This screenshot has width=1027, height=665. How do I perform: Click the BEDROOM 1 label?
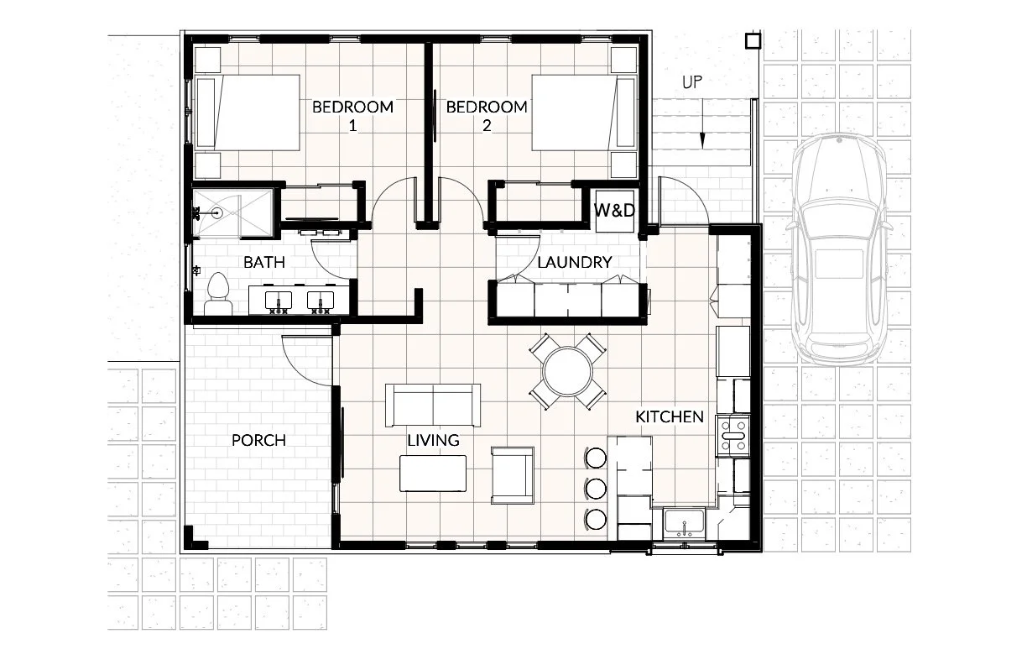[x=352, y=116]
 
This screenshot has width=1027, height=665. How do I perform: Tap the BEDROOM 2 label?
[x=487, y=116]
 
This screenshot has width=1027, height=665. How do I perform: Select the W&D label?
[x=614, y=210]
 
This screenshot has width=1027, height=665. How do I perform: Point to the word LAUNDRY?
[x=575, y=262]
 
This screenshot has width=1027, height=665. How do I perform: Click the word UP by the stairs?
[x=692, y=82]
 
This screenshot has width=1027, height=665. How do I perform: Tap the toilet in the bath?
[x=218, y=294]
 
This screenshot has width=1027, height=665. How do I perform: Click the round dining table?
[x=567, y=372]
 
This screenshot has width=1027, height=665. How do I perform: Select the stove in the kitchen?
[x=733, y=436]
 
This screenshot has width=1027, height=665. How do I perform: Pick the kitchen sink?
[x=684, y=524]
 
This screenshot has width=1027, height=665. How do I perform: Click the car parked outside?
[x=838, y=249]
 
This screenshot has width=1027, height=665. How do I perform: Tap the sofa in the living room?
[x=433, y=406]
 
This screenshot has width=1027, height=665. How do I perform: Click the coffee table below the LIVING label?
[x=433, y=474]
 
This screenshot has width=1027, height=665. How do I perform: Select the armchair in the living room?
[x=513, y=475]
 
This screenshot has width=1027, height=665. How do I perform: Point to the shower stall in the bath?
[x=232, y=213]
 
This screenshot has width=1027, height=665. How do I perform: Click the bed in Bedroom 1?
[x=248, y=113]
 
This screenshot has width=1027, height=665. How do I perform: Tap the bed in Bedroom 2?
[x=584, y=113]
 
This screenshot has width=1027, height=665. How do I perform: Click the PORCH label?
[x=258, y=440]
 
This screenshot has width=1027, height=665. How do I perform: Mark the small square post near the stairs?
[x=753, y=41]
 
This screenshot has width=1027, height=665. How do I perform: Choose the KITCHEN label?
[x=670, y=416]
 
